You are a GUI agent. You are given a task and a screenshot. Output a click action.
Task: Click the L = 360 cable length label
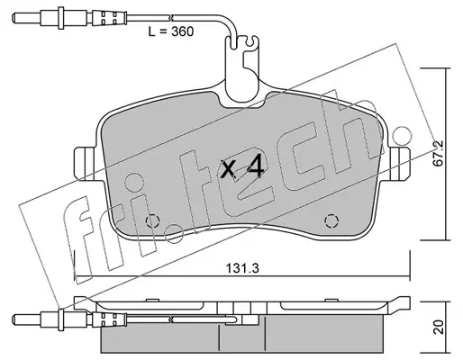click(x=171, y=31)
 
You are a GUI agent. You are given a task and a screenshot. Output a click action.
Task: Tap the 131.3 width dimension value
click(x=242, y=268)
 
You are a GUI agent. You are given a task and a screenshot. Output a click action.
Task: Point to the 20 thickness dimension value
click(x=439, y=327)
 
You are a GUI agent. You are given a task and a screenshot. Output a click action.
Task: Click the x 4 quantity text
click(x=242, y=169)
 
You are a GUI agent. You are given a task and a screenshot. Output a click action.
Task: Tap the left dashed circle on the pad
click(x=152, y=221)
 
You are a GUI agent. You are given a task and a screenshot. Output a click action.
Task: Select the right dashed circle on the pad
click(x=331, y=221)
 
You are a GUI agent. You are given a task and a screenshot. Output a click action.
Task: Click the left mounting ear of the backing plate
click(x=84, y=164)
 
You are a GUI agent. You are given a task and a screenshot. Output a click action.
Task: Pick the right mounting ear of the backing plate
click(x=400, y=164)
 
